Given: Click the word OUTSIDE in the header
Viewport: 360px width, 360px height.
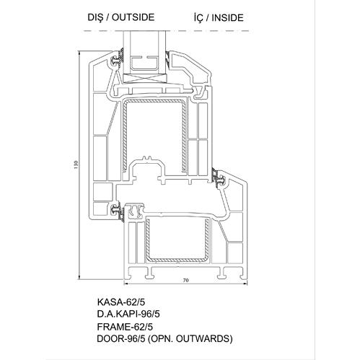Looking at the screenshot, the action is click(133, 17).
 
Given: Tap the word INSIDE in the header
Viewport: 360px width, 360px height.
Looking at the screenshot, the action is click(227, 18).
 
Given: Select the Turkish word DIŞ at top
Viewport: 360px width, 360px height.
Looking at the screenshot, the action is click(95, 17).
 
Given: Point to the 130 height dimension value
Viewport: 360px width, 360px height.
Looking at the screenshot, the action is click(76, 164).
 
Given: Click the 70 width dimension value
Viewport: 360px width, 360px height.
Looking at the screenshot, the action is click(186, 280).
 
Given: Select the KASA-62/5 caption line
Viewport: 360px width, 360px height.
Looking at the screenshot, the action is click(121, 302).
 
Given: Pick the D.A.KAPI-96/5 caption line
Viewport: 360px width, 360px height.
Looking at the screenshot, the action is click(128, 314).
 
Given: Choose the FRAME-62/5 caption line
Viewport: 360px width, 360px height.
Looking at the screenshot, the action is click(125, 327).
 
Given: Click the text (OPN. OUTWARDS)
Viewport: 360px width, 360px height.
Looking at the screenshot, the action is click(190, 338).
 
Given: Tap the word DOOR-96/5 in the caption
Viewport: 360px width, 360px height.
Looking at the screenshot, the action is click(121, 339).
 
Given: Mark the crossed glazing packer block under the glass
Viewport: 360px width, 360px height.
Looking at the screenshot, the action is click(145, 78).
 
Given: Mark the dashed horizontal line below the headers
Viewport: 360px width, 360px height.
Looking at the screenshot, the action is click(167, 31).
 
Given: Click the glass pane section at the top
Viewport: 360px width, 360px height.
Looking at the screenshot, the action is click(145, 52).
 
